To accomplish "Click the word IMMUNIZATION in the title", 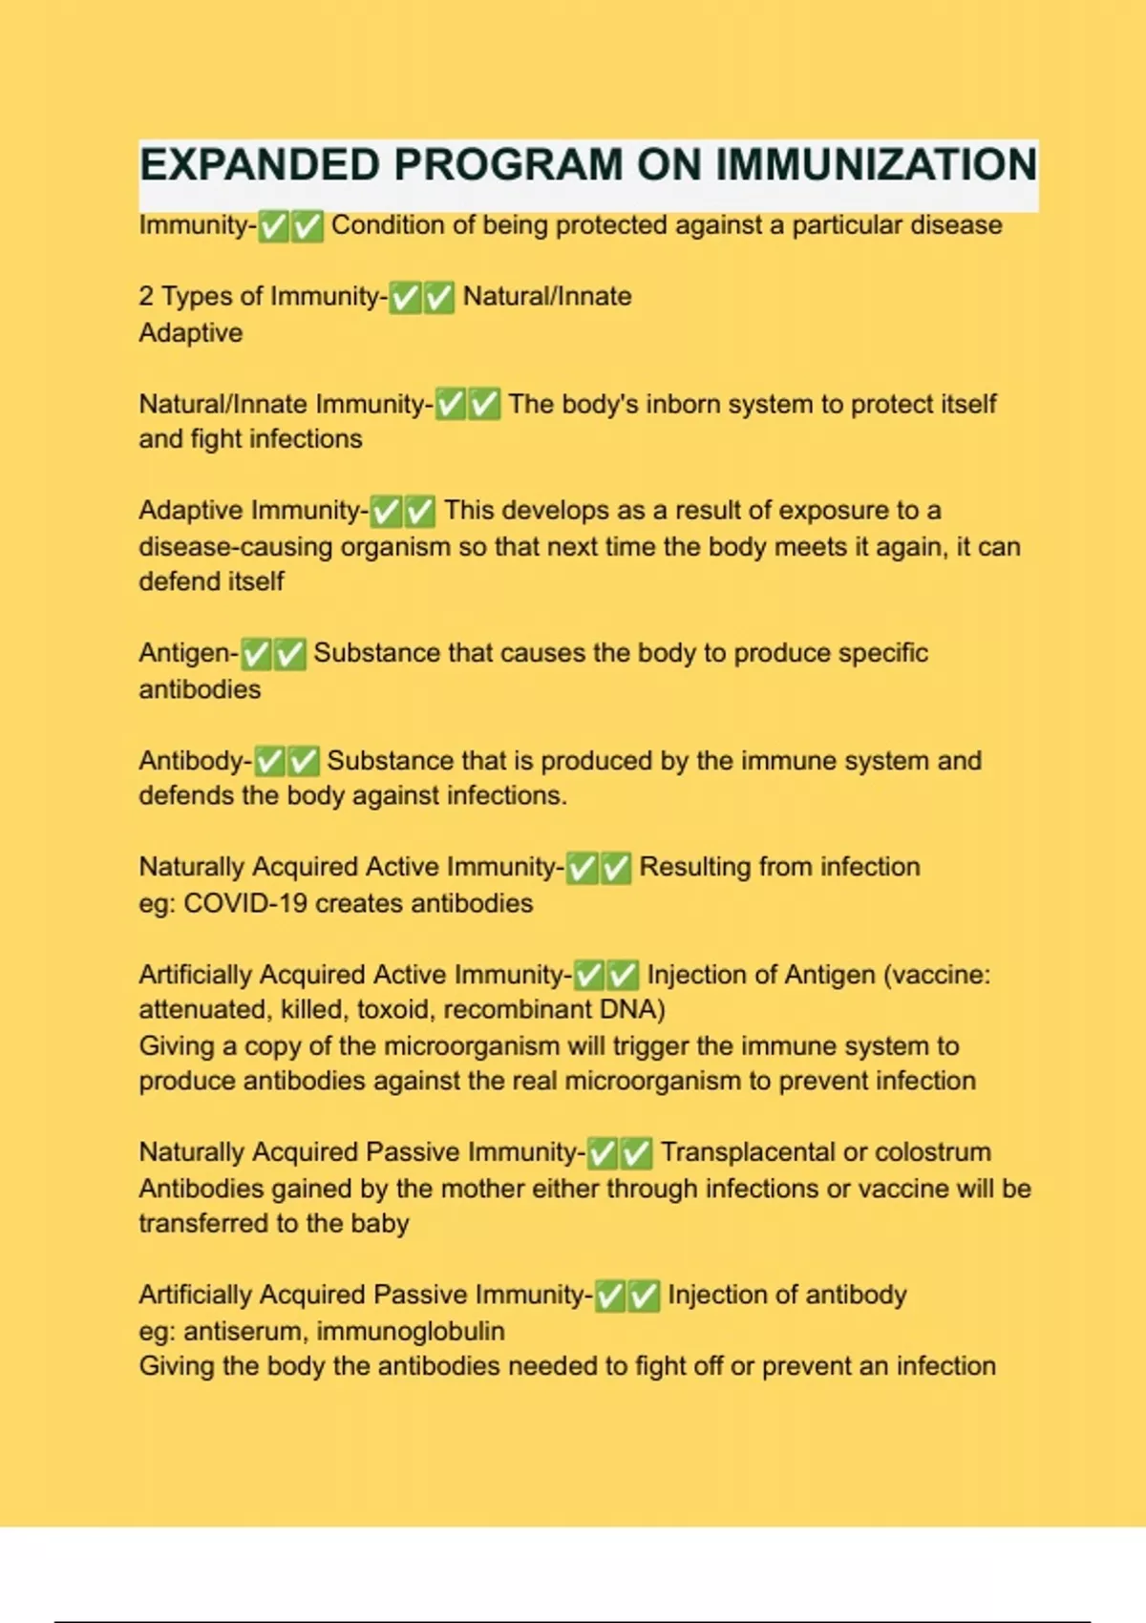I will point(876,165).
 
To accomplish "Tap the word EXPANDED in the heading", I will point(260,165).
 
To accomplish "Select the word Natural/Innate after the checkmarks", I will point(547,296).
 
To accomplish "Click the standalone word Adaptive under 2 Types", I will point(191,332).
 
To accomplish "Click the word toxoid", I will point(392,1010).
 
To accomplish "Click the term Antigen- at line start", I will point(189,653).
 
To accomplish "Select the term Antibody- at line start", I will point(196,761).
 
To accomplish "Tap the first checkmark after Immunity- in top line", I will point(274,226).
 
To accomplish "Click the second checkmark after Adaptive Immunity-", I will point(420,512).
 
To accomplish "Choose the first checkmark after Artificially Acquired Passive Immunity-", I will point(610,1296).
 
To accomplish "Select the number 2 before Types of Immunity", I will point(146,296).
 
